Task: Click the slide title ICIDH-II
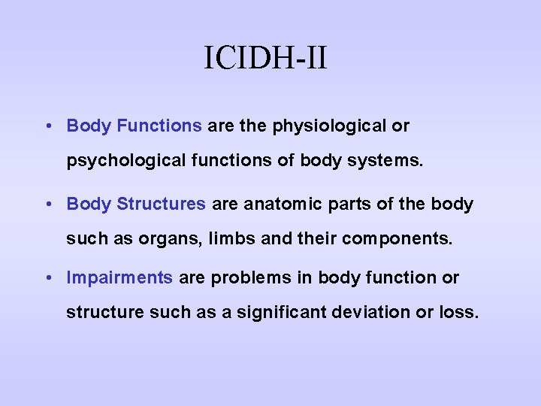265,59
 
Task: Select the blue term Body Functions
134,126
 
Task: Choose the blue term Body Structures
135,204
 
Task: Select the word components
397,239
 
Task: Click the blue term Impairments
119,277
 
